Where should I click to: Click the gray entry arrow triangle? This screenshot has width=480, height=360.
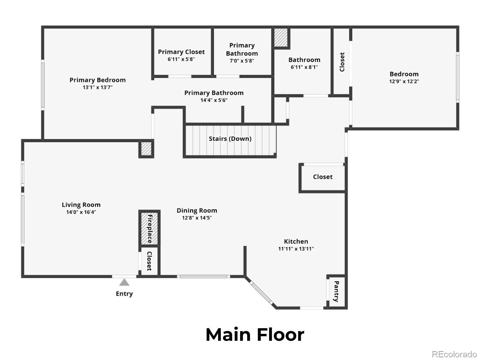tap(124, 282)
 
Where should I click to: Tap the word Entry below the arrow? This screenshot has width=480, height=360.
tap(124, 294)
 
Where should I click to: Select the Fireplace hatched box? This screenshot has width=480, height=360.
tap(149, 229)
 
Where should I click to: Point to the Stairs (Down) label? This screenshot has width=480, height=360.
tap(230, 139)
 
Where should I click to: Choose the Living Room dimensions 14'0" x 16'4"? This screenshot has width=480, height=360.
tap(81, 212)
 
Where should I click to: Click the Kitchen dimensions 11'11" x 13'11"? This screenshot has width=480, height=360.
tap(296, 249)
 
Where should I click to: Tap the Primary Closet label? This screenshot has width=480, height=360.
tap(181, 52)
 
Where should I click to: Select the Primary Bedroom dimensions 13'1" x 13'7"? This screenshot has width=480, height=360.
tap(97, 87)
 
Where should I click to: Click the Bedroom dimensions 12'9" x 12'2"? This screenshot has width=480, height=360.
tap(404, 81)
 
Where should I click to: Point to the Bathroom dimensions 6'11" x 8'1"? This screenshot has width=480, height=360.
tap(304, 67)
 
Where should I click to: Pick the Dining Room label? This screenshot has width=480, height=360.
tap(197, 211)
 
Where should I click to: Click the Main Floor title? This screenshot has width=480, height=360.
tap(255, 335)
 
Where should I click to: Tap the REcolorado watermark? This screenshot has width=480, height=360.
tap(454, 354)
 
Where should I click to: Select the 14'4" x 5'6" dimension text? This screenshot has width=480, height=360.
tap(214, 100)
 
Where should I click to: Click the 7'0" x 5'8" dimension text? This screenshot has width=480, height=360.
tap(242, 61)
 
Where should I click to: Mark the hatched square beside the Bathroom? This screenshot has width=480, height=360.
tap(281, 37)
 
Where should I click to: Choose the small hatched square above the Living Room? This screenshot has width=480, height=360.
tap(146, 149)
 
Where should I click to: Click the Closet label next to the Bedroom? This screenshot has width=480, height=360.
tap(342, 62)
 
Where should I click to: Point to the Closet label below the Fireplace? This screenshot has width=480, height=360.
tap(149, 261)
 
